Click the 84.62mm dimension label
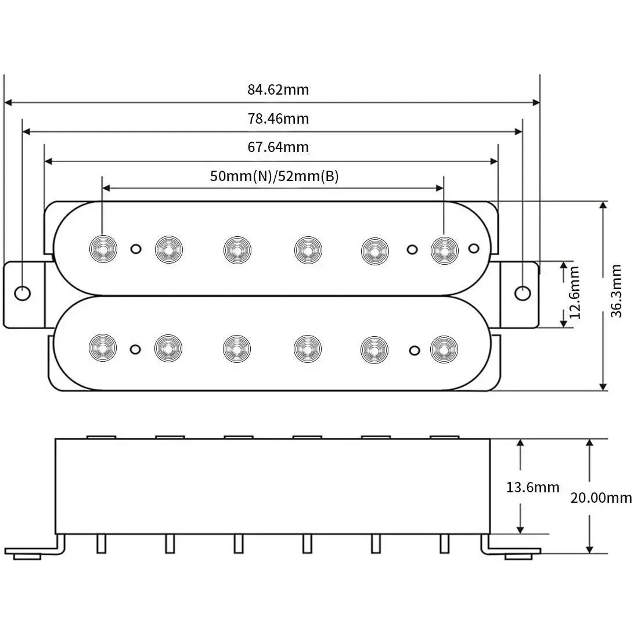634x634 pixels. coord(278,90)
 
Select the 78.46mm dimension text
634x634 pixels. coord(278,118)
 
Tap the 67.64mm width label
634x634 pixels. coord(278,147)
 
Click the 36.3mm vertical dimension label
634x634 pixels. coord(617,296)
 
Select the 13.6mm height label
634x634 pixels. coord(532,487)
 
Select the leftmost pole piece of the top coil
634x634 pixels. coord(103,249)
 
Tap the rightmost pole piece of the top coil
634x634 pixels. coord(444,249)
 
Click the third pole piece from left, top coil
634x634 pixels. coord(237,249)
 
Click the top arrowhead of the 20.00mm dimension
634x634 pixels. coord(590,443)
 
